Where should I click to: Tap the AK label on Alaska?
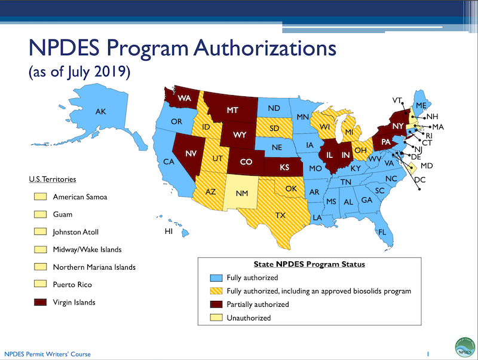[101, 112]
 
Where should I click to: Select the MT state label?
[232, 110]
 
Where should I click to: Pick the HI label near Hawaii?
[169, 231]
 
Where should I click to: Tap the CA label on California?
[168, 161]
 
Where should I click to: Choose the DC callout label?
[420, 179]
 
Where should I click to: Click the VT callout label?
[397, 99]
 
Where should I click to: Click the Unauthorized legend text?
[249, 318]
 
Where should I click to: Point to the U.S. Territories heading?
[53, 179]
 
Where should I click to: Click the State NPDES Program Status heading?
[310, 264]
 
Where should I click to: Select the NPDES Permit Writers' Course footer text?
[48, 354]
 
